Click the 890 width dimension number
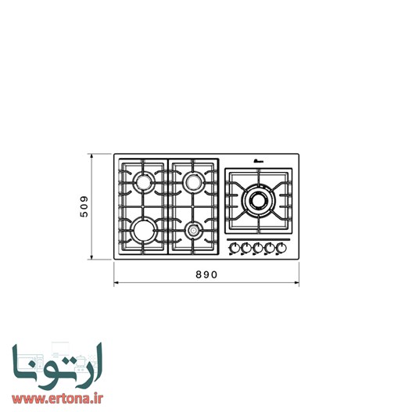206,275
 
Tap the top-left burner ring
144,182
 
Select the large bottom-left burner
144,229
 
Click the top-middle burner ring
192,182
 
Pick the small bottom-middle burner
192,230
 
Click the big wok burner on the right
257,200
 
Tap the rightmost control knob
281,249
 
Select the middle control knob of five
257,249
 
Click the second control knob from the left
245,249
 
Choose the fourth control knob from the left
270,249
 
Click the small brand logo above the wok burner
257,163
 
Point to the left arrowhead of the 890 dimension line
116,282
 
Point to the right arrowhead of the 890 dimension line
298,282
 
